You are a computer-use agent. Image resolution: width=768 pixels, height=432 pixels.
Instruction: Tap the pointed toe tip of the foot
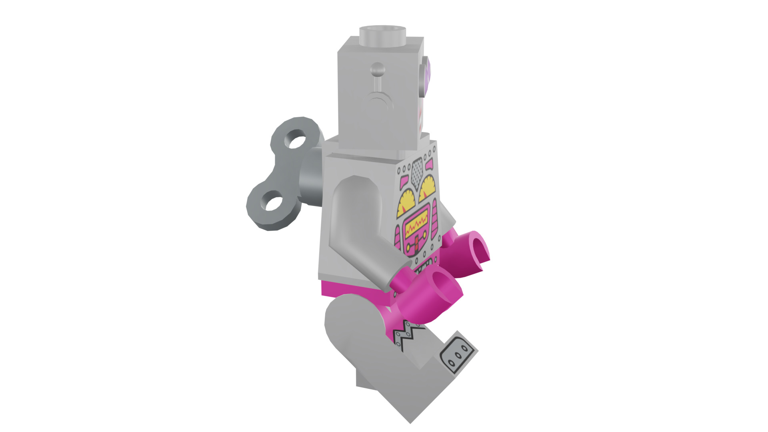pos(410,420)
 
